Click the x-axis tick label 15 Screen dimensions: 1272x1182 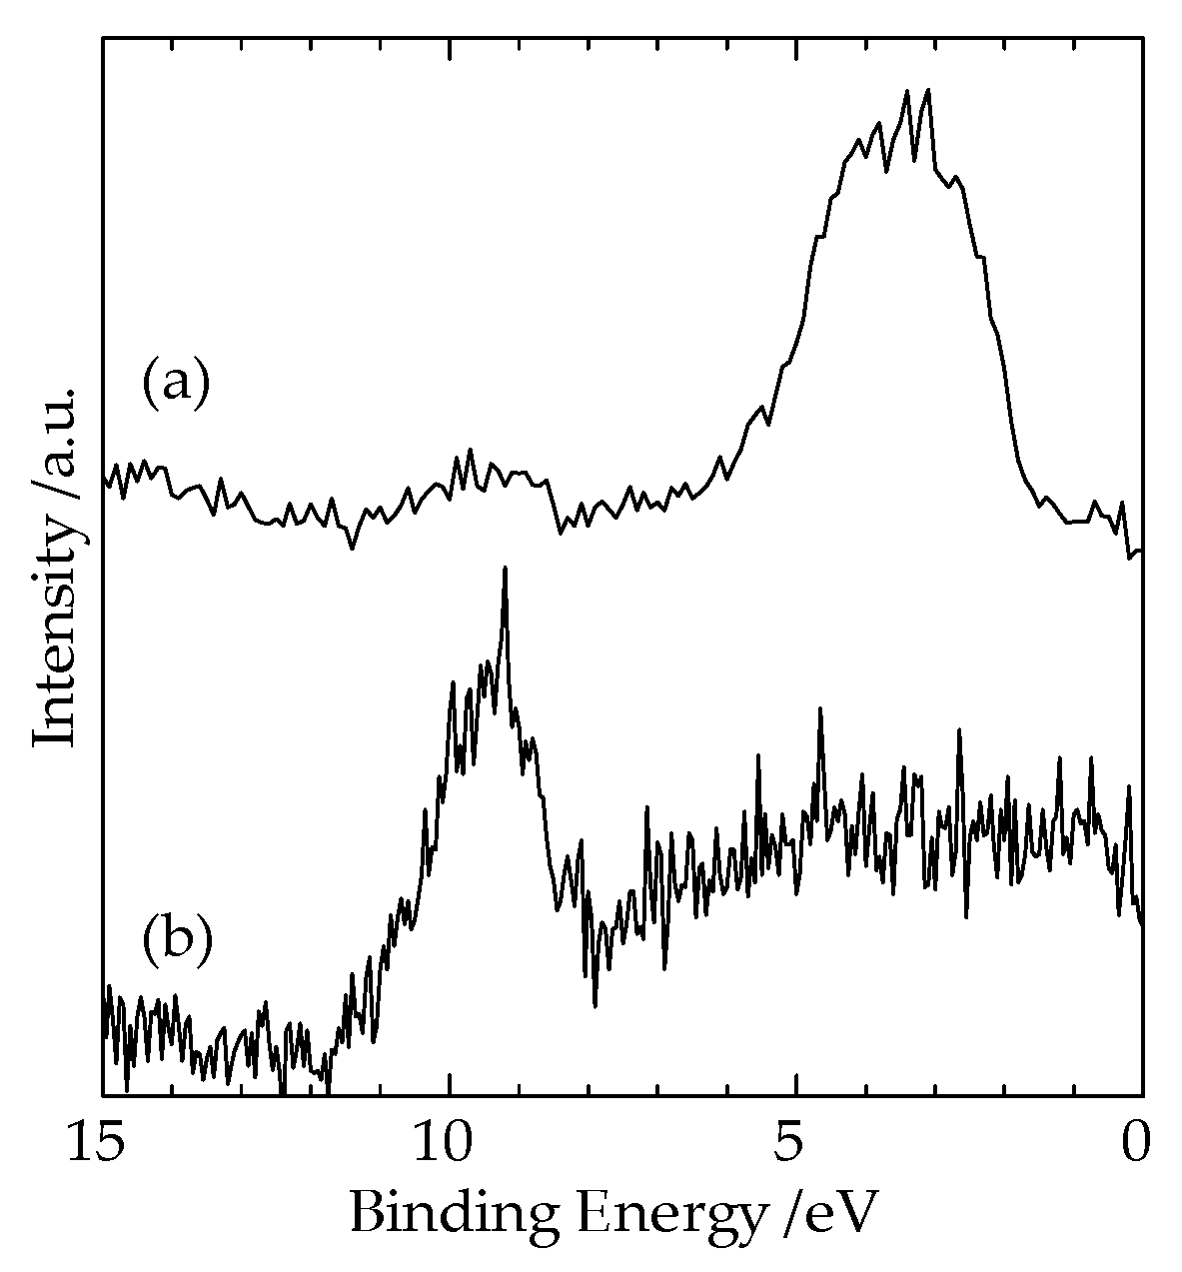pyautogui.click(x=102, y=1146)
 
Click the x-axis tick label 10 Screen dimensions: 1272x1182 pyautogui.click(x=449, y=1146)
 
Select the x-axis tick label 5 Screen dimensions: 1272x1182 pyautogui.click(x=795, y=1146)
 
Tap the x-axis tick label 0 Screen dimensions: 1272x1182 pyautogui.click(x=1139, y=1146)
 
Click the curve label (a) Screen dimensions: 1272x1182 pyautogui.click(x=176, y=385)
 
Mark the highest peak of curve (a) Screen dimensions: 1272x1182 pyautogui.click(x=928, y=90)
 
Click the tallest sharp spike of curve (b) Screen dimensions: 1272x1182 pyautogui.click(x=506, y=569)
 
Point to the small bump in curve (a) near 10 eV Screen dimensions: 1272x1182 pyautogui.click(x=471, y=452)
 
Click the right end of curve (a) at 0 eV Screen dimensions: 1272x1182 pyautogui.click(x=1140, y=552)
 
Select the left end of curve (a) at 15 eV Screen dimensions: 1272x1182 pyautogui.click(x=104, y=482)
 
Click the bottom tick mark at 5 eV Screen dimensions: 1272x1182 pyautogui.click(x=795, y=1088)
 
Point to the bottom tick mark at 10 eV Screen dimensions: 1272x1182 pyautogui.click(x=450, y=1088)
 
